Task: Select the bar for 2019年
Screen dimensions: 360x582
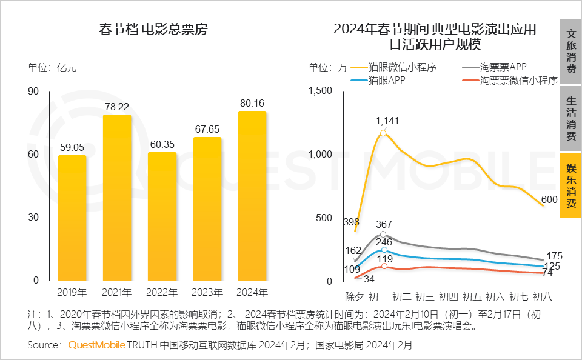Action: coord(72,218)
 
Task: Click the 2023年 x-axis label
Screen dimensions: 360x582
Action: coord(207,292)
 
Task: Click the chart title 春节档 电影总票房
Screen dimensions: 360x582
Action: coord(153,29)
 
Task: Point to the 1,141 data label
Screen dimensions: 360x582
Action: coord(387,121)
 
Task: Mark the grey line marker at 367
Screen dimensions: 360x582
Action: coord(383,234)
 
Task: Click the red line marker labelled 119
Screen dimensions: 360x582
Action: coord(384,267)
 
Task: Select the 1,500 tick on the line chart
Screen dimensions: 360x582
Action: coord(321,91)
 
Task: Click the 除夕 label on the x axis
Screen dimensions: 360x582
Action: coord(355,297)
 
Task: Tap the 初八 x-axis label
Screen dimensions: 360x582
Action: coord(542,297)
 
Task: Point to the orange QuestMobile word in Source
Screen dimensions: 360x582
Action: coord(97,345)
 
